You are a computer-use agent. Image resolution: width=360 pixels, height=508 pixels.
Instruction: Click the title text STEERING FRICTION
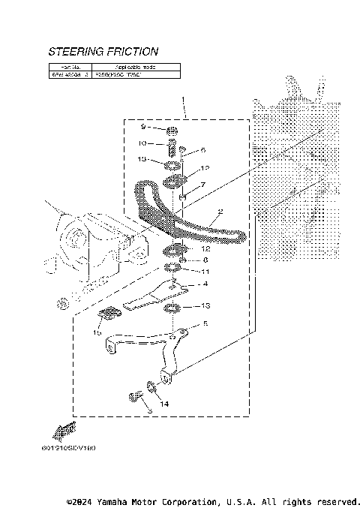coord(103,52)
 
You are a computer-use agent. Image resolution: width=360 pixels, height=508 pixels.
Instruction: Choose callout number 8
coord(205,260)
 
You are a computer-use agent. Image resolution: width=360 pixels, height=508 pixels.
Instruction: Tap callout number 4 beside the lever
coord(205,285)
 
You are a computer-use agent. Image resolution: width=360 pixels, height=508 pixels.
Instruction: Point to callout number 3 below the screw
coord(149,412)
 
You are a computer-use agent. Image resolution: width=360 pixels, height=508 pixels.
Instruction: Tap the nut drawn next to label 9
coord(172,131)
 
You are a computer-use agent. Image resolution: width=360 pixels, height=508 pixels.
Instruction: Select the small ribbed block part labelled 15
coord(110,314)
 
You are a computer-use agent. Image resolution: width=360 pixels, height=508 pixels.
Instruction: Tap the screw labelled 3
coord(136,396)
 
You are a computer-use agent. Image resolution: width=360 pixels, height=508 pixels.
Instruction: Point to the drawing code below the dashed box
coord(74,449)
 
